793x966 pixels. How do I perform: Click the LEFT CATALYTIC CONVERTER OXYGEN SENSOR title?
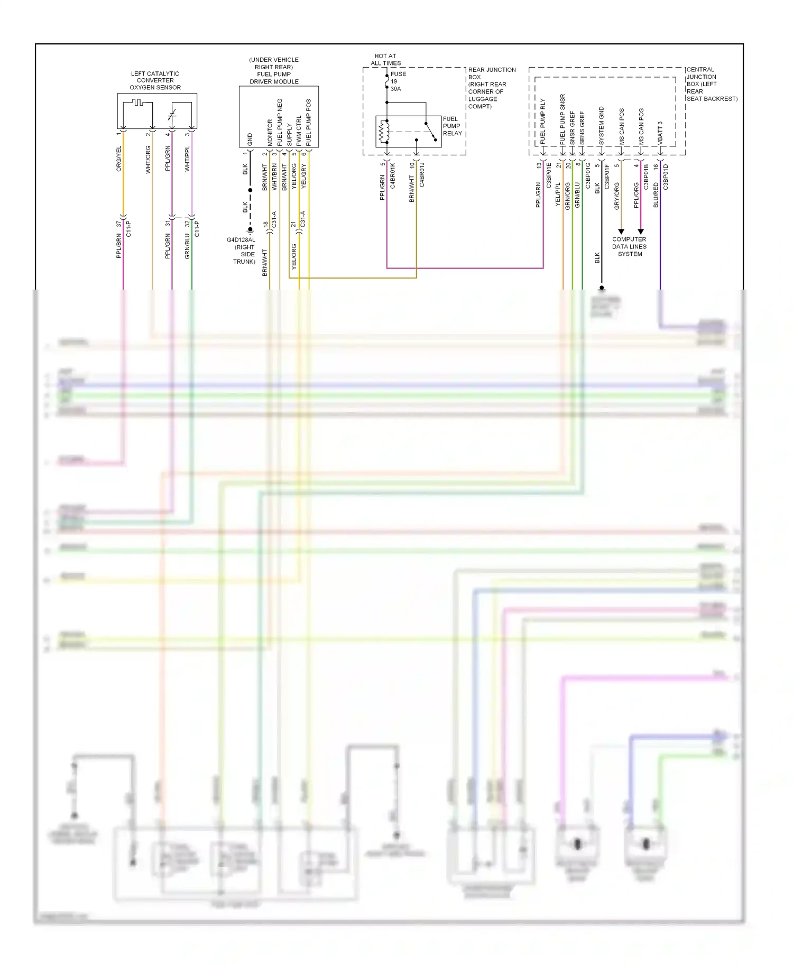pos(155,80)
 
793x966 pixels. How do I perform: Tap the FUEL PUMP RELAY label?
pos(452,126)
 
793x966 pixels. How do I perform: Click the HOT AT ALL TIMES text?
pos(385,59)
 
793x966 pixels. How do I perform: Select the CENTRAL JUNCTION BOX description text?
pos(711,84)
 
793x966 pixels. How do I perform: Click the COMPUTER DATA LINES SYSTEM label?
pos(629,246)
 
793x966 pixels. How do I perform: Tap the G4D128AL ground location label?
pos(242,250)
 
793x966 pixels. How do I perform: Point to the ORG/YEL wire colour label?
pos(119,159)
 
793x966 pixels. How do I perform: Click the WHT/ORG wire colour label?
pos(149,160)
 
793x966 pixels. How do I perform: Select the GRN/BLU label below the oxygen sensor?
pos(187,246)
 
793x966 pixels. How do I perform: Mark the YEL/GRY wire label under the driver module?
pos(304,176)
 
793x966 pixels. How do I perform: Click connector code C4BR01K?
pos(393,175)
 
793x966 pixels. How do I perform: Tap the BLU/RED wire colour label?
pos(656,194)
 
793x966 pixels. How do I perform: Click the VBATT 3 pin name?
pos(660,133)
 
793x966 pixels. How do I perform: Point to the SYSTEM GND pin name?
pos(602,126)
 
